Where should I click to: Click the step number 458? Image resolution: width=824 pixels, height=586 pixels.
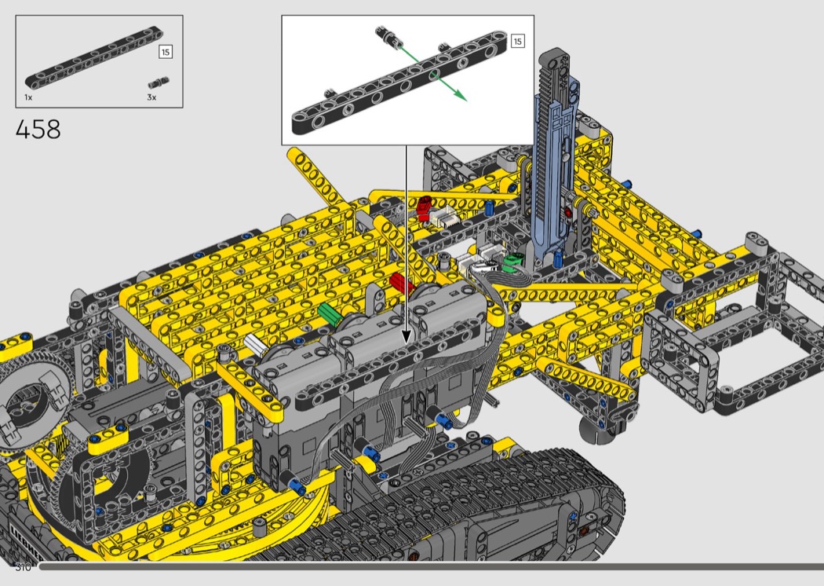(38, 130)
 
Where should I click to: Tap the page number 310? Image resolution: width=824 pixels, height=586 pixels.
(23, 567)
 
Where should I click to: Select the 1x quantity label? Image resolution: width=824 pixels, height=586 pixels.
(28, 97)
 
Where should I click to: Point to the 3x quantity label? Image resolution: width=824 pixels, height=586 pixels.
(152, 97)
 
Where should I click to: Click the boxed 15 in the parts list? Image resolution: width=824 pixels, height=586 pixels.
(166, 52)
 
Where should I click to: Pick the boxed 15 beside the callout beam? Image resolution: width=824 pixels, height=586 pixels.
(518, 41)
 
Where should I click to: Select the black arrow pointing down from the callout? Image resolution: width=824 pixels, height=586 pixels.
(406, 244)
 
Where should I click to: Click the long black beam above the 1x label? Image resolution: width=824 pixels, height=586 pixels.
(94, 58)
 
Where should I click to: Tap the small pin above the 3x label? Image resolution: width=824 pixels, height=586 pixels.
(159, 82)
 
